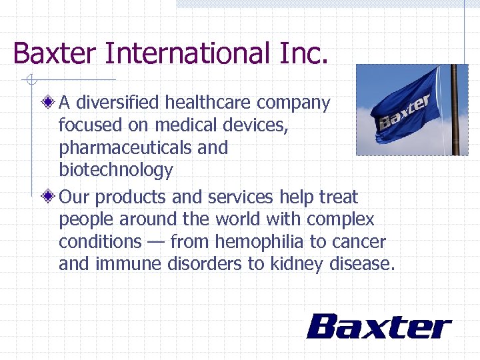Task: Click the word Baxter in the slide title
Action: point(54,53)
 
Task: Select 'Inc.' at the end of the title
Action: point(304,53)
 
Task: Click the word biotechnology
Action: point(115,170)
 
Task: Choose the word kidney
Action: point(297,264)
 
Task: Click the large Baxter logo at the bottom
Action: point(379,327)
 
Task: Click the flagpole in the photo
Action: point(455,110)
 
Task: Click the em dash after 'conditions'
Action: point(157,242)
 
